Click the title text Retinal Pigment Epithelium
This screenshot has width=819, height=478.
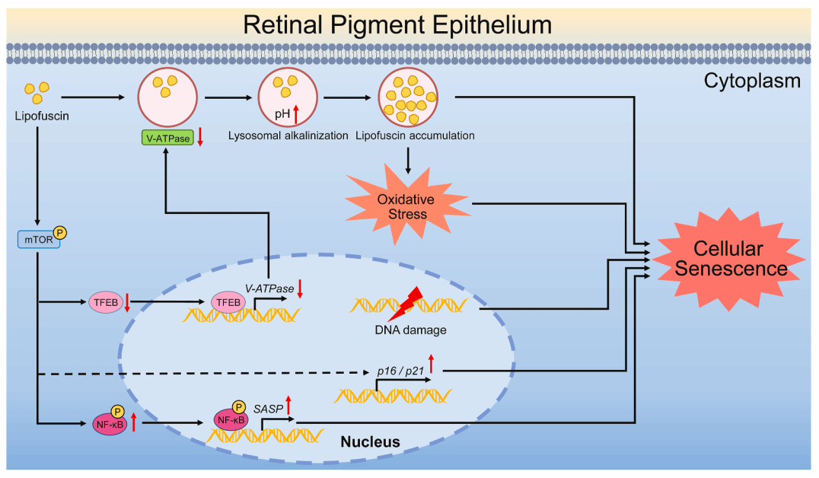click(397, 24)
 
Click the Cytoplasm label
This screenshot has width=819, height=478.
click(752, 80)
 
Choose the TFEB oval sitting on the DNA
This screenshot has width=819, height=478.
click(228, 302)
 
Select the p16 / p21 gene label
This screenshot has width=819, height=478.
click(400, 370)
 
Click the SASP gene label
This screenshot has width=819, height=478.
click(269, 409)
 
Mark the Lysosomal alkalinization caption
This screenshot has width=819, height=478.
click(288, 135)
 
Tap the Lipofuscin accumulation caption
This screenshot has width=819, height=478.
click(415, 135)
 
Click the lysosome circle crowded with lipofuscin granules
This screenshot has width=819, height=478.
click(409, 98)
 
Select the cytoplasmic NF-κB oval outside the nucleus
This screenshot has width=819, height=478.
click(110, 425)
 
